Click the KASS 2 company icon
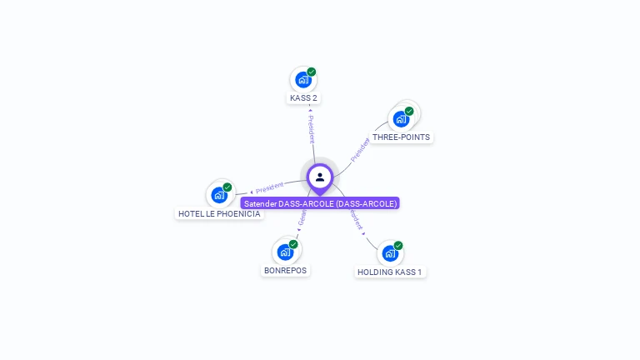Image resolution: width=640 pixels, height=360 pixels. tap(302, 80)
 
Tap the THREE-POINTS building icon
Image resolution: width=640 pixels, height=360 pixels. tap(401, 118)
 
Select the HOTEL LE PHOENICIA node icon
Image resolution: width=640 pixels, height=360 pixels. tap(218, 195)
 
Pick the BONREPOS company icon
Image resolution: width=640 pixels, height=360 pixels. tap(285, 252)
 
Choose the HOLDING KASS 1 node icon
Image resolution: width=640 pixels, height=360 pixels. tap(389, 253)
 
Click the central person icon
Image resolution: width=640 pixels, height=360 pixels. tap(320, 177)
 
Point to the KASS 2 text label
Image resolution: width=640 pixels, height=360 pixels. tap(303, 98)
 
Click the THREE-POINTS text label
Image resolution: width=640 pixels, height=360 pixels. tap(402, 137)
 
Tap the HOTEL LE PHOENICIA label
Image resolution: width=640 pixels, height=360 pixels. tap(219, 213)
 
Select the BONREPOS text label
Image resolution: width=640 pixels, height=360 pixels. tap(286, 270)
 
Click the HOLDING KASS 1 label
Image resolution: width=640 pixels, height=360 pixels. tap(390, 272)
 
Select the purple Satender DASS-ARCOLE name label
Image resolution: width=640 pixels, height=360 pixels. tap(320, 203)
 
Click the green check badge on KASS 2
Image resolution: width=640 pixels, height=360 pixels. tap(312, 72)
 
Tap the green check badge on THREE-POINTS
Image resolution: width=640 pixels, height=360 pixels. tap(409, 111)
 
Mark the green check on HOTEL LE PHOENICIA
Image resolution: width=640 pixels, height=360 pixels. tap(227, 187)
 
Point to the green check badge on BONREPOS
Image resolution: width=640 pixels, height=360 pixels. tap(293, 244)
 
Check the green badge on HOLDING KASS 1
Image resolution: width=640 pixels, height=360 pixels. tap(398, 246)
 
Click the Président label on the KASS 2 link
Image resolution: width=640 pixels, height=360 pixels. tap(311, 126)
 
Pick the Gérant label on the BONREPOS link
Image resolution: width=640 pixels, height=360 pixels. tap(302, 219)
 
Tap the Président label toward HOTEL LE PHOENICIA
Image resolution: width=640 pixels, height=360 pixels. tap(268, 188)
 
